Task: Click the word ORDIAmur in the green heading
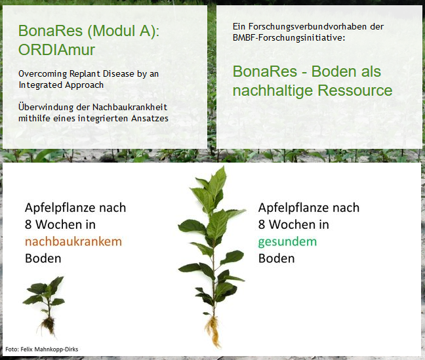click(x=56, y=50)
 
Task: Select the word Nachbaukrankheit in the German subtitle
click(x=130, y=107)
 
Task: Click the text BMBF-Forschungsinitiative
click(x=289, y=37)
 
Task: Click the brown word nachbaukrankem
click(x=73, y=241)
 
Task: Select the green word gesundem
click(x=287, y=242)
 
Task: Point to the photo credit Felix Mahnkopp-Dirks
click(x=49, y=349)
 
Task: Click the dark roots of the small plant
click(x=48, y=325)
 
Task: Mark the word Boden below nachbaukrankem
click(x=43, y=258)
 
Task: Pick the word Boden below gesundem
click(x=277, y=258)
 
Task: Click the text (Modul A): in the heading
click(x=123, y=31)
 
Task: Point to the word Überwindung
click(x=46, y=107)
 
